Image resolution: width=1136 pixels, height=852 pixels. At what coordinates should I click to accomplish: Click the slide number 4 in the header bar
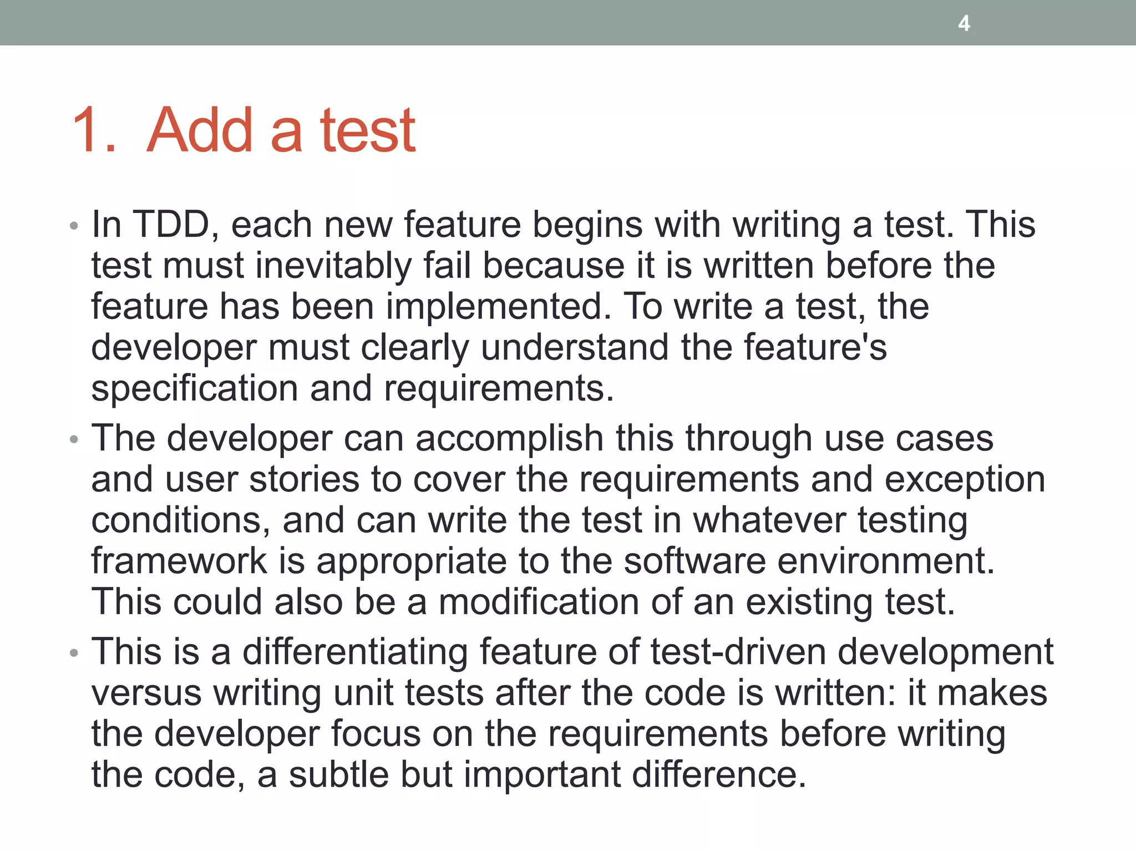click(964, 23)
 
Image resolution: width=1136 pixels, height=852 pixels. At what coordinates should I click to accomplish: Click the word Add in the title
click(200, 130)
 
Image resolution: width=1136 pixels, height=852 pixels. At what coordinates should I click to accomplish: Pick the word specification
click(195, 389)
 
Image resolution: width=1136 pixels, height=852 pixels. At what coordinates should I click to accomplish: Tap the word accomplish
click(509, 439)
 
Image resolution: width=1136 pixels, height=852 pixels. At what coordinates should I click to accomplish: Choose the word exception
click(965, 480)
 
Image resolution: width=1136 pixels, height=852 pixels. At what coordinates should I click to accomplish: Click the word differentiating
click(355, 652)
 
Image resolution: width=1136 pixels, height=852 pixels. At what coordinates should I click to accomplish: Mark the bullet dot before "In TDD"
click(74, 226)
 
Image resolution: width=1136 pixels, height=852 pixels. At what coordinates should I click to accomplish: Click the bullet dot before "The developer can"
click(74, 440)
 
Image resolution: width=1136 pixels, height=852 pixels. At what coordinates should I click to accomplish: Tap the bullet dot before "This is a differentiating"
click(74, 653)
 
